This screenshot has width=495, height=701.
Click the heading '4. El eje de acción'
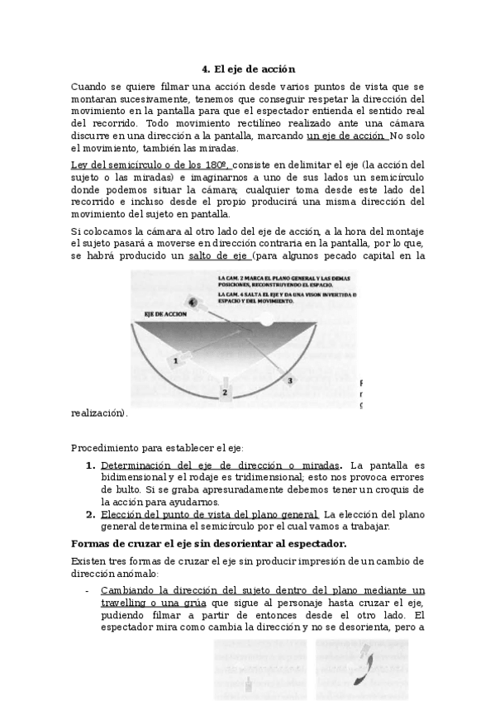click(248, 69)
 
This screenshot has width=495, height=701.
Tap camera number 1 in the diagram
click(176, 360)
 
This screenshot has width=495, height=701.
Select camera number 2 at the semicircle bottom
click(225, 391)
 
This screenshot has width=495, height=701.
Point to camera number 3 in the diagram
click(289, 379)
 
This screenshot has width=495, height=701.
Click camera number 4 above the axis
click(193, 303)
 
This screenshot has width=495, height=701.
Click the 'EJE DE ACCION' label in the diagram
click(164, 315)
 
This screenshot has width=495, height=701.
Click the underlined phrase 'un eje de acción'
click(346, 136)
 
